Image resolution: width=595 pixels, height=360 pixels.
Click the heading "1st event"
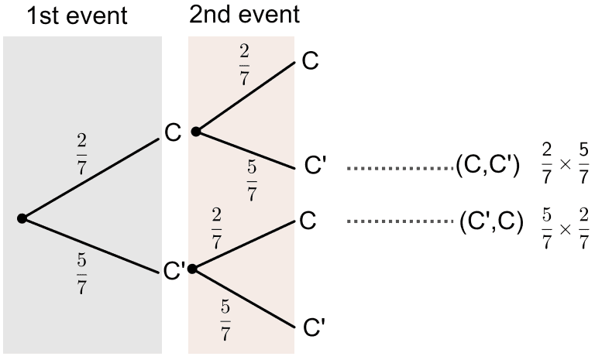click(76, 15)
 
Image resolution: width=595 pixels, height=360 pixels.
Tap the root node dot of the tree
click(22, 219)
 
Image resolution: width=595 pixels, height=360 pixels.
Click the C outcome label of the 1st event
click(172, 132)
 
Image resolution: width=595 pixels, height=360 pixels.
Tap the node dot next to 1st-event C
click(196, 132)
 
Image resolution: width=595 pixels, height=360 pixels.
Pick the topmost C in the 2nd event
click(310, 62)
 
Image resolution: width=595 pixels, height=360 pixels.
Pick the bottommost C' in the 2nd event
click(312, 328)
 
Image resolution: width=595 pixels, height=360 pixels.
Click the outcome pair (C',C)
click(489, 221)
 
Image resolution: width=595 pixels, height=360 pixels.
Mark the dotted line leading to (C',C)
click(400, 221)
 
